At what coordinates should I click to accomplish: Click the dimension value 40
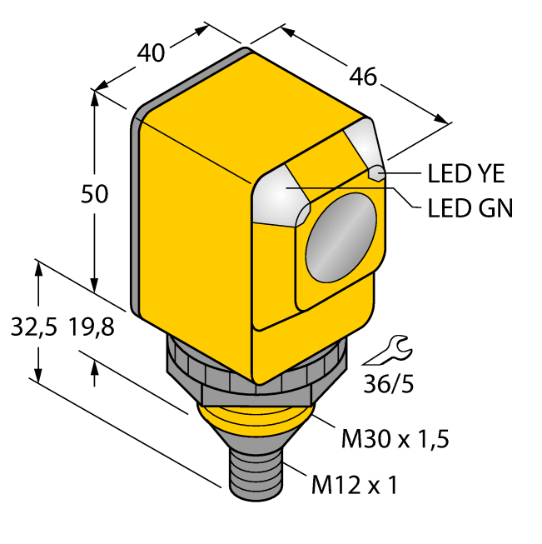tap(150, 52)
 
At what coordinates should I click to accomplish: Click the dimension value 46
tap(363, 77)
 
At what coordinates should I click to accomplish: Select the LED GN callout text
tap(470, 207)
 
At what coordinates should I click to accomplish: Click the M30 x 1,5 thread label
tap(395, 438)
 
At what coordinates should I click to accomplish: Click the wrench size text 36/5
tap(390, 384)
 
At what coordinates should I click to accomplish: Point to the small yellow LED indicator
tap(376, 173)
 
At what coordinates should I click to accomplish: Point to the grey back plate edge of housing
tap(136, 208)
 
